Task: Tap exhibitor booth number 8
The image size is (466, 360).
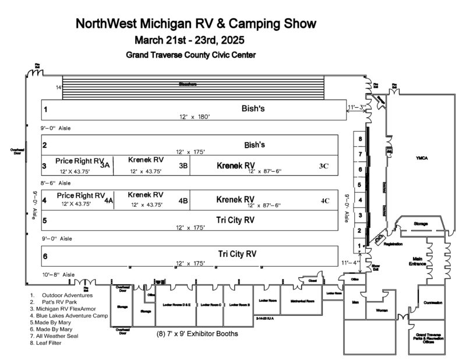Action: (361, 139)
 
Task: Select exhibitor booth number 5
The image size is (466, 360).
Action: (361, 185)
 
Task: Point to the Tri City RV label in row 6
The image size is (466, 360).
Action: (237, 254)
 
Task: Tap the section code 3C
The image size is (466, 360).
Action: (324, 166)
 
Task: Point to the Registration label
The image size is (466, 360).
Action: (394, 245)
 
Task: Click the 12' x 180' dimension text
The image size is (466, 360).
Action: (195, 117)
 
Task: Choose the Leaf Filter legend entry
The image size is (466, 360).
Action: (46, 343)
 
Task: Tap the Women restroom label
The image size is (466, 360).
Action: (382, 310)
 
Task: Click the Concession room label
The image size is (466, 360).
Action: (433, 303)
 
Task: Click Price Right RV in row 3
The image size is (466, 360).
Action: (79, 161)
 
